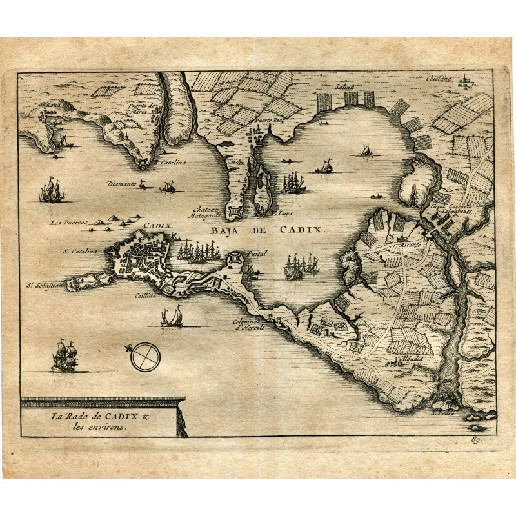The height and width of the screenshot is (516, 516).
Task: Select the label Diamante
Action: [x=121, y=184]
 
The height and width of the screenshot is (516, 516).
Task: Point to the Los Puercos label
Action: [x=68, y=223]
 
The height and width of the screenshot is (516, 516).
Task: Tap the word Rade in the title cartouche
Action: [x=77, y=416]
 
